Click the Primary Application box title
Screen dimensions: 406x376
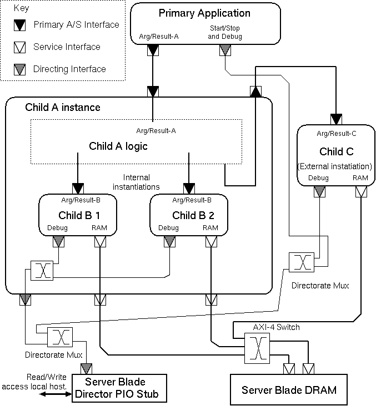pyautogui.click(x=204, y=13)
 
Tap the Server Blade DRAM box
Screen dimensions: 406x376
pyautogui.click(x=289, y=390)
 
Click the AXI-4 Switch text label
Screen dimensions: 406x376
pyautogui.click(x=265, y=327)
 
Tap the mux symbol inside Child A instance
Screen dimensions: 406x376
pyautogui.click(x=42, y=271)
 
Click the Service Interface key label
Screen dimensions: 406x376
pyautogui.click(x=67, y=47)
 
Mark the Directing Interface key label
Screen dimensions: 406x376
pyautogui.click(x=69, y=69)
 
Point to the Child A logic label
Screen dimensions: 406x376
pyautogui.click(x=118, y=146)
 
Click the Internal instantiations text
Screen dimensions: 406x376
pyautogui.click(x=136, y=182)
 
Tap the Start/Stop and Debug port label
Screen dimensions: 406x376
pyautogui.click(x=225, y=33)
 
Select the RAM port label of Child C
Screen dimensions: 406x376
pyautogui.click(x=360, y=178)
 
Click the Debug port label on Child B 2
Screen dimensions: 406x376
pyautogui.click(x=168, y=228)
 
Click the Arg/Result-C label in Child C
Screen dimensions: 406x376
pyautogui.click(x=336, y=134)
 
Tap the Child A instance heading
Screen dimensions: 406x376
pyautogui.click(x=63, y=107)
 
